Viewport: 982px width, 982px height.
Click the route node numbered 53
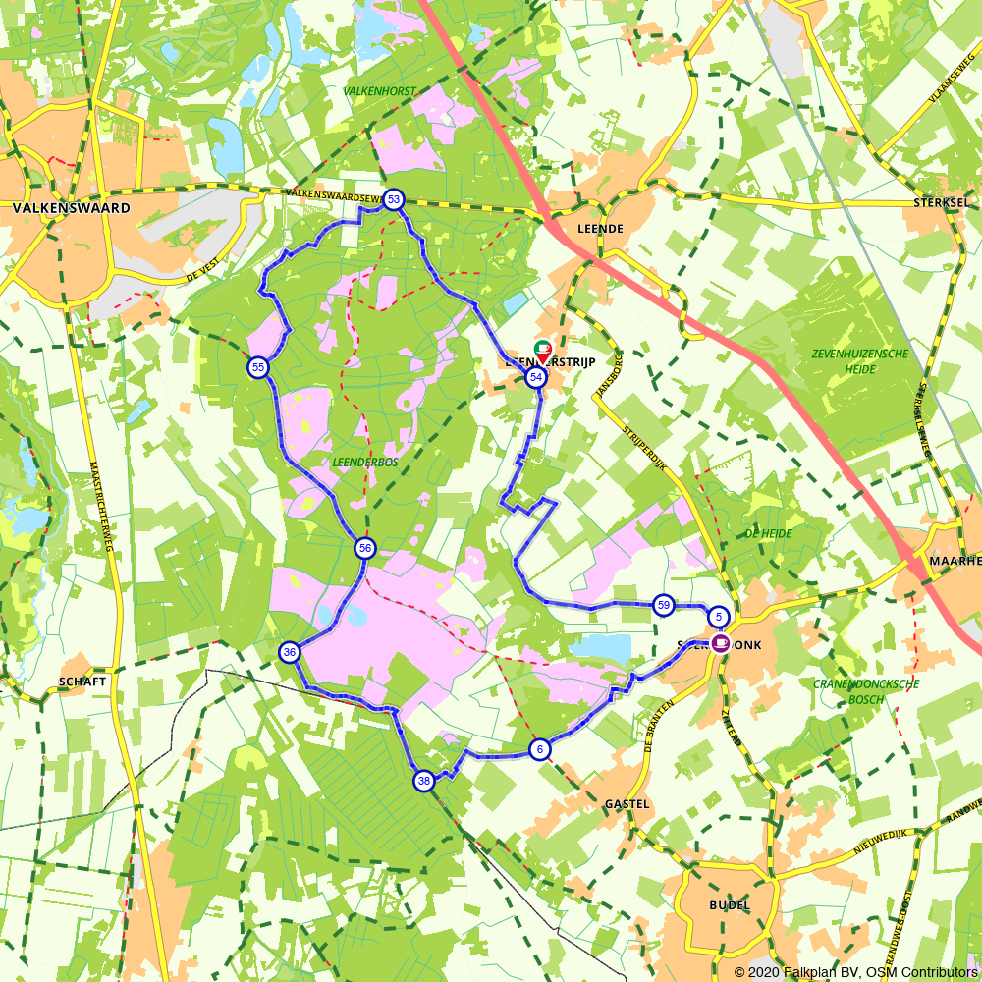tap(394, 200)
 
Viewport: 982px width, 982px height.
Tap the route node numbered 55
tap(257, 367)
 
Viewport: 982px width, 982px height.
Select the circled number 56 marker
tap(365, 548)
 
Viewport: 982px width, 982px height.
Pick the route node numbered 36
tap(289, 652)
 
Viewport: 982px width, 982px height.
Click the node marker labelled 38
tap(424, 781)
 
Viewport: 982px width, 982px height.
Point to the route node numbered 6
tap(539, 749)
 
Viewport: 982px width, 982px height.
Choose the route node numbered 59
tap(664, 605)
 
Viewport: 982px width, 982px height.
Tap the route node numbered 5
tap(719, 617)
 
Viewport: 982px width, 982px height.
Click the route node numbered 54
tap(536, 377)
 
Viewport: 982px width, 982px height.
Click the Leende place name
tap(601, 228)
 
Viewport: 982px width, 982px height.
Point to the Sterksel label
tap(941, 202)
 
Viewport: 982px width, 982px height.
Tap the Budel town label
tap(729, 904)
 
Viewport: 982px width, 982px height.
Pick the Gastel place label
tap(627, 803)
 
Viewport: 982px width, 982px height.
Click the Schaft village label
tap(82, 681)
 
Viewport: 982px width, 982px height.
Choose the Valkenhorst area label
tap(379, 91)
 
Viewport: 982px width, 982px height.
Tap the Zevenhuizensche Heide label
tap(846, 360)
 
